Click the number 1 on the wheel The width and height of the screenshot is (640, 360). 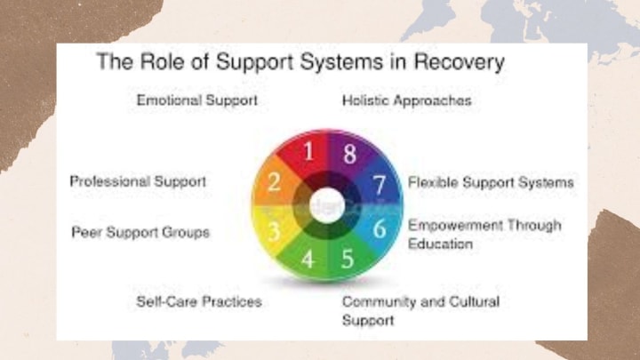point(308,151)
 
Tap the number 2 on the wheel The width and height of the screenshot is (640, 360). point(275,184)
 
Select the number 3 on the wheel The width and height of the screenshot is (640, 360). point(276,231)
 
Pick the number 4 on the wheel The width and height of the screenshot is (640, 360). point(308,261)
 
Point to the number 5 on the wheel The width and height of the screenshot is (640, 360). point(348,261)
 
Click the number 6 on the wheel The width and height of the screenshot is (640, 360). point(379,229)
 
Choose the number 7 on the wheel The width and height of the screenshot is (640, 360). point(379,185)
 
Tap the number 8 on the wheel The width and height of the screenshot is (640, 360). point(349,152)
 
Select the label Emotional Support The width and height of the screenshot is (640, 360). point(196,100)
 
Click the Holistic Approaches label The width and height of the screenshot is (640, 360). point(406,100)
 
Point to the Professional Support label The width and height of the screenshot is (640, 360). point(138,181)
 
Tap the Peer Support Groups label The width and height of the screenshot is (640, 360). point(140,233)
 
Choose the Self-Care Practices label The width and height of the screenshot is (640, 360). point(199,302)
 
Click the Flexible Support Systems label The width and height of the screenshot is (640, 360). point(491,182)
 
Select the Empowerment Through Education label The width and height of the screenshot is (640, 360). point(484,234)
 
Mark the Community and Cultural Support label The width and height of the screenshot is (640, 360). point(420,310)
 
